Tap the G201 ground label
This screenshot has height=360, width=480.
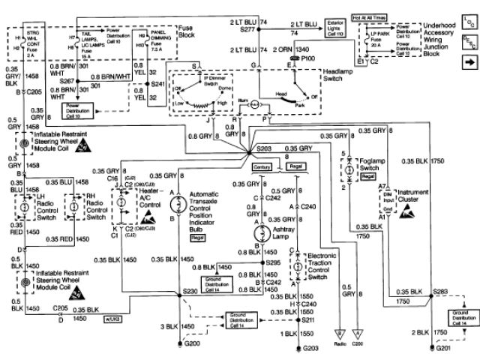coord(445,348)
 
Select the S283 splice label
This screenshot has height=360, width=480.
coord(441,289)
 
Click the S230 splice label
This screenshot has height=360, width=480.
coord(192,290)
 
